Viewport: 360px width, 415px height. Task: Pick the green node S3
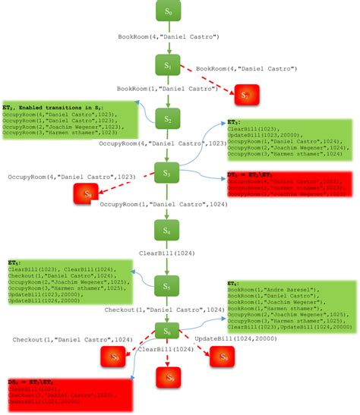(169, 173)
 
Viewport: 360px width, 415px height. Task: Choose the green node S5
(169, 287)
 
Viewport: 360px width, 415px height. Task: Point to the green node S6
(169, 330)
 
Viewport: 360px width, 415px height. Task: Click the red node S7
(245, 95)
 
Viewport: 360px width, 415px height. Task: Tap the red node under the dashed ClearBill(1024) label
(169, 377)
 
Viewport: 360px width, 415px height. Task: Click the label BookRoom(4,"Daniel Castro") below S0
(169, 36)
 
